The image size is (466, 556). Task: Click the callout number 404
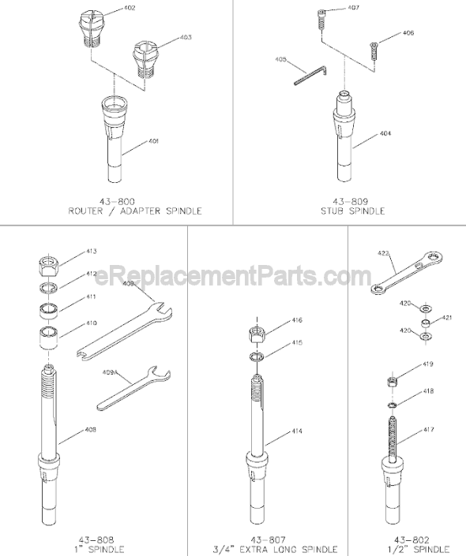pos(385,133)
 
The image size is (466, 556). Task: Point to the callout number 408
pos(92,431)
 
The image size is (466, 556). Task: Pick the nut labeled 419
pos(390,382)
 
